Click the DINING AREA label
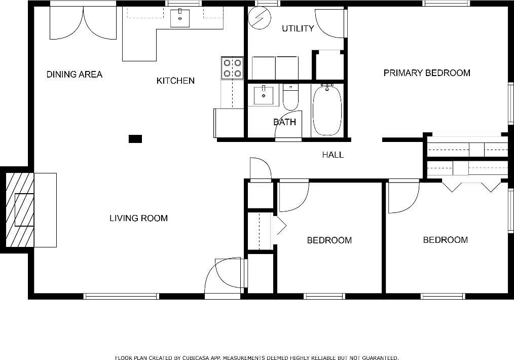pyautogui.click(x=74, y=75)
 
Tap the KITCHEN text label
pyautogui.click(x=175, y=81)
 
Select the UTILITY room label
pyautogui.click(x=298, y=28)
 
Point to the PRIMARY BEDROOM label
pyautogui.click(x=426, y=73)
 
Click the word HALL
pyautogui.click(x=333, y=155)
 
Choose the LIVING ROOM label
pyautogui.click(x=138, y=219)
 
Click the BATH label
pyautogui.click(x=284, y=122)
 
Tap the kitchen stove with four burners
pyautogui.click(x=232, y=68)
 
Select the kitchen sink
pyautogui.click(x=179, y=18)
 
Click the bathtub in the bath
pyautogui.click(x=327, y=111)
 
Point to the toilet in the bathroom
pyautogui.click(x=290, y=98)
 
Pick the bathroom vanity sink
pyautogui.click(x=263, y=95)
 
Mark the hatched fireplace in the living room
pyautogui.click(x=19, y=210)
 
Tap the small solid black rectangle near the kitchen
pyautogui.click(x=135, y=139)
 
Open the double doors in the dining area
pyautogui.click(x=83, y=23)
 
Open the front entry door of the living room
pyautogui.click(x=225, y=277)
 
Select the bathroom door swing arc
pyautogui.click(x=287, y=126)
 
